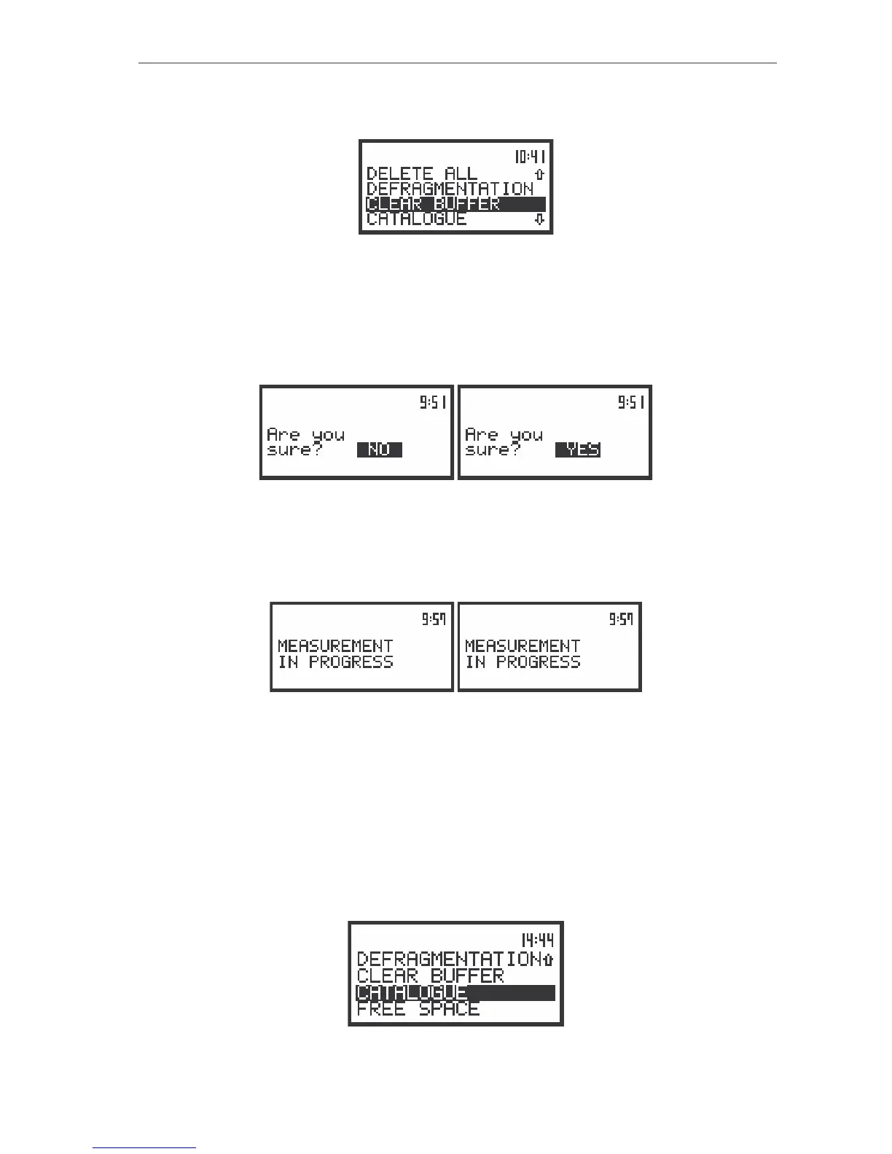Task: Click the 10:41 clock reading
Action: (530, 157)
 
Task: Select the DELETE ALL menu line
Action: (422, 174)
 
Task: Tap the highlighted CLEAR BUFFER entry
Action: (434, 204)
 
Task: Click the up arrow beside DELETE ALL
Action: (539, 174)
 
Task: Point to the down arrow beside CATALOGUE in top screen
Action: (539, 219)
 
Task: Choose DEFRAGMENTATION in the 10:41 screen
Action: (450, 189)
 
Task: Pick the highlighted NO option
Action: (379, 450)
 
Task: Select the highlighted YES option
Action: (578, 450)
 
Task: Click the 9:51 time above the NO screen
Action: (433, 402)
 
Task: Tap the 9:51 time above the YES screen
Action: (631, 402)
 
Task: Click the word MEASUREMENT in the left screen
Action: (335, 646)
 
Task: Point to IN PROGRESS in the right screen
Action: (523, 662)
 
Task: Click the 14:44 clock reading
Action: (537, 940)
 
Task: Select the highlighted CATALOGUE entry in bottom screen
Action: (412, 993)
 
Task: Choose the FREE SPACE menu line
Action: (418, 1010)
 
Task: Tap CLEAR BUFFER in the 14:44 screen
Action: (430, 976)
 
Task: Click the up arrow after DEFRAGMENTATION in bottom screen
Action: (548, 959)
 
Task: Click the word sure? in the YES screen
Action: (493, 450)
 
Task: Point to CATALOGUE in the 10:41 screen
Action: (416, 219)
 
